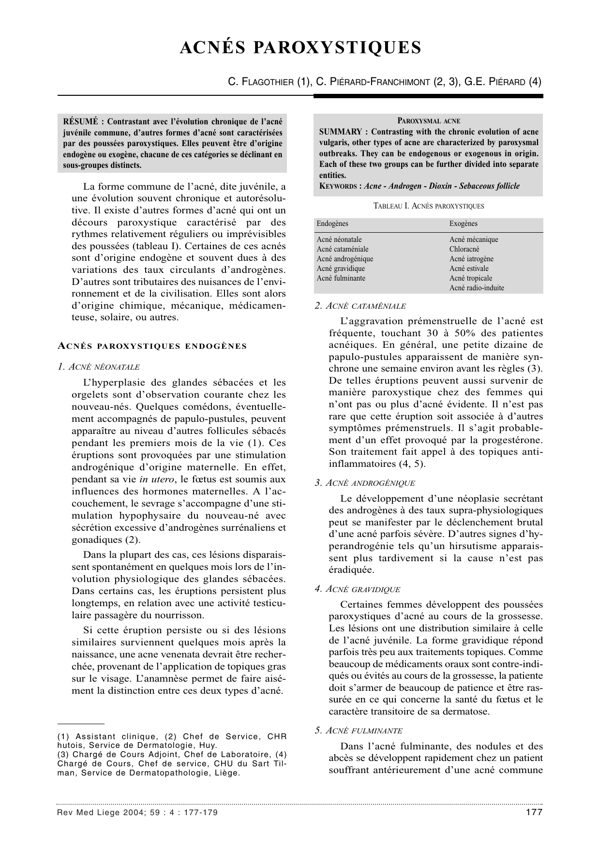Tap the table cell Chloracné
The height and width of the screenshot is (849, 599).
[x=464, y=249]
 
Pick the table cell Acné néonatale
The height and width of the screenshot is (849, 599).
[x=339, y=239]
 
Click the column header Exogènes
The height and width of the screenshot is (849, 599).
[x=463, y=223]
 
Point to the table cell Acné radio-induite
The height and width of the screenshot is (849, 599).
[x=477, y=288]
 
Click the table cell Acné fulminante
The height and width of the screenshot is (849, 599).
[x=341, y=278]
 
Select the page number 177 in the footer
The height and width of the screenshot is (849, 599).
[x=534, y=812]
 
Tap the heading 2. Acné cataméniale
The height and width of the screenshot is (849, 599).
[x=360, y=306]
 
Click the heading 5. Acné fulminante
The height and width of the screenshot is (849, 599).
[x=359, y=730]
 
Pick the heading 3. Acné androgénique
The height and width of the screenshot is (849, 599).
[x=364, y=483]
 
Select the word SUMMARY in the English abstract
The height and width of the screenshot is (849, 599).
[x=341, y=132]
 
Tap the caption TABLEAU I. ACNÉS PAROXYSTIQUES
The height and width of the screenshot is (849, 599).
[x=428, y=206]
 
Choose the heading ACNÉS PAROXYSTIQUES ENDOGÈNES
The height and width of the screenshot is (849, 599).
[x=152, y=346]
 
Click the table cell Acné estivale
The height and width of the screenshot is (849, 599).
[x=469, y=268]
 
